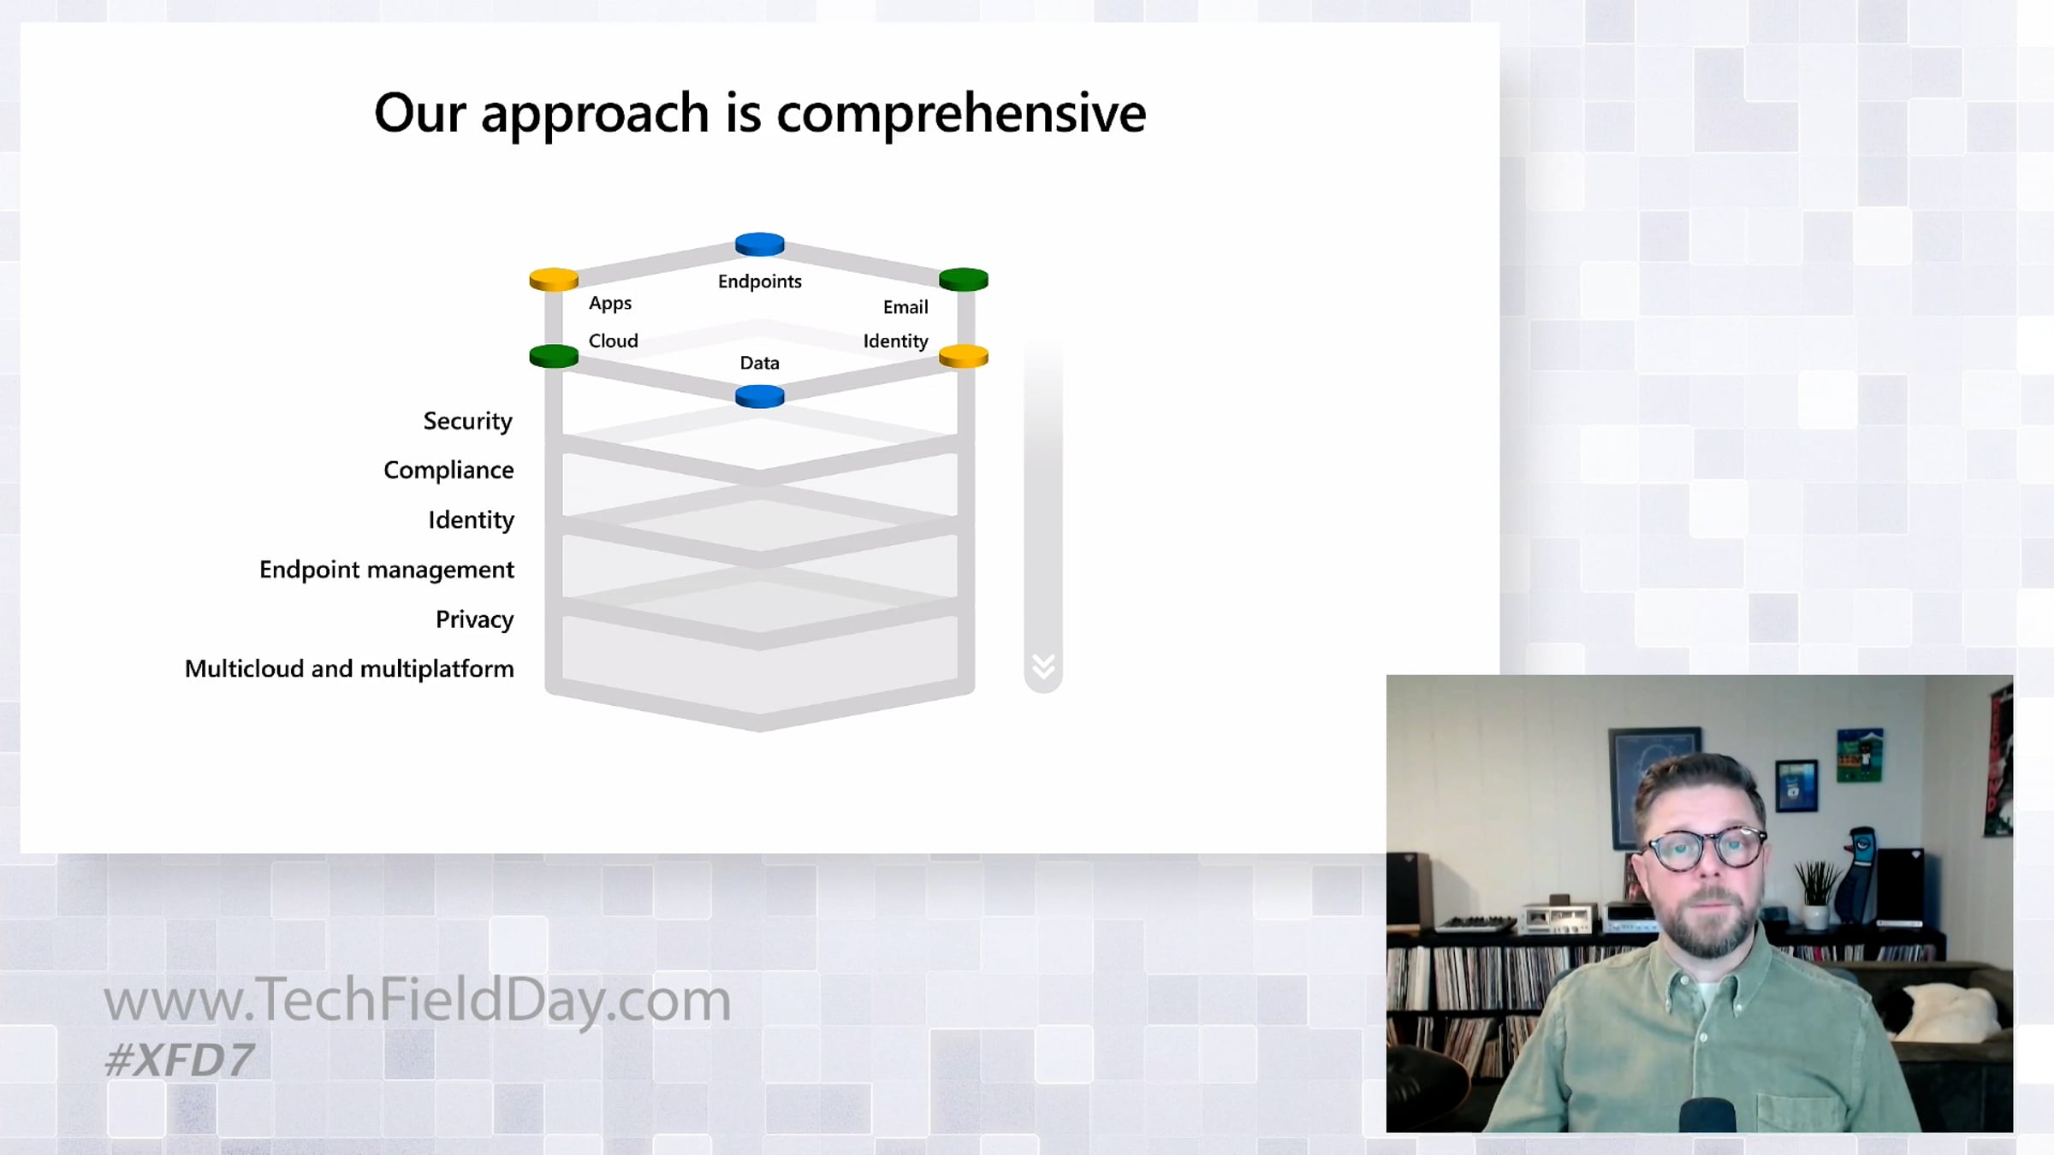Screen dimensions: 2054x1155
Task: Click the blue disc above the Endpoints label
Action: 760,245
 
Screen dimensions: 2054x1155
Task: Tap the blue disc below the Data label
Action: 760,396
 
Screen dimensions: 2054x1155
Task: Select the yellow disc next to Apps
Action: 554,280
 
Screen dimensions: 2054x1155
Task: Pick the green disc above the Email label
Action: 964,280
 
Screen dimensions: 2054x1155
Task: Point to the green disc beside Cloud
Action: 554,356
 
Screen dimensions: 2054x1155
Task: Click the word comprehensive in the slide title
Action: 961,114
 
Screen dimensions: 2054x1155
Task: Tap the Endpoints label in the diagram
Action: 760,281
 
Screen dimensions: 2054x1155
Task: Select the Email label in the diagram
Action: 905,307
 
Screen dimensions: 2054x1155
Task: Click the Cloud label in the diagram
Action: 613,341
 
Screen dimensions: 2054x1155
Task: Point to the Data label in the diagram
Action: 760,363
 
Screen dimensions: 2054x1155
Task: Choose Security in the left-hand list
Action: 467,422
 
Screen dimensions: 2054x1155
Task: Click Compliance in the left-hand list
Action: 448,471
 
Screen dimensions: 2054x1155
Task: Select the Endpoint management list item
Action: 387,571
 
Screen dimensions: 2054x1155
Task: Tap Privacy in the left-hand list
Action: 475,619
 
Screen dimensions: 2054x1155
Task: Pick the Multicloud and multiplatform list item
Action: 349,669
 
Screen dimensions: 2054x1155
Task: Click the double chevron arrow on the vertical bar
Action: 1043,666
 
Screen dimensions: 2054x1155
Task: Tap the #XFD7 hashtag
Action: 179,1061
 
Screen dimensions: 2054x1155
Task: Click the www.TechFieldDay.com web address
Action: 418,1000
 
